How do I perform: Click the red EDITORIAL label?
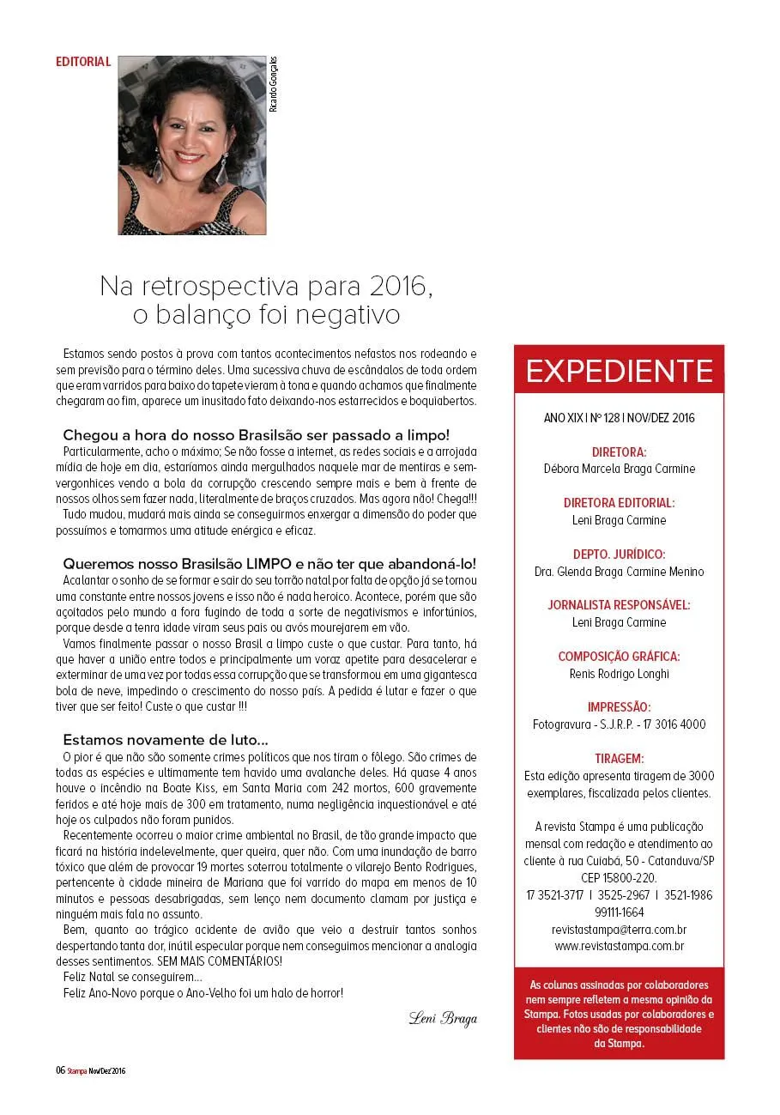(83, 62)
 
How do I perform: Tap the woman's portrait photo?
(191, 145)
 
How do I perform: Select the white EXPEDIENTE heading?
(619, 371)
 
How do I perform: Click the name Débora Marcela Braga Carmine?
(619, 469)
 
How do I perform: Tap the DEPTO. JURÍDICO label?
(619, 554)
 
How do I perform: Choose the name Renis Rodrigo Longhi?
(619, 674)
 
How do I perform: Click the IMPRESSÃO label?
(619, 707)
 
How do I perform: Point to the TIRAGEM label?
(619, 759)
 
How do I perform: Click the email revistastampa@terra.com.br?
(619, 930)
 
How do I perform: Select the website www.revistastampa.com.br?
(619, 947)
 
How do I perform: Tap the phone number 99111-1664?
(619, 912)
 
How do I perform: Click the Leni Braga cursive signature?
(442, 1019)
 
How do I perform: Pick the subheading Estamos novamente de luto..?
(166, 739)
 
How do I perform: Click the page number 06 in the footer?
(60, 1070)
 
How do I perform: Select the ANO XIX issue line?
(619, 418)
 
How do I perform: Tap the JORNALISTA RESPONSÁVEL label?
(619, 605)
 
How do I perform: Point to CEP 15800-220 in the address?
(619, 877)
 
